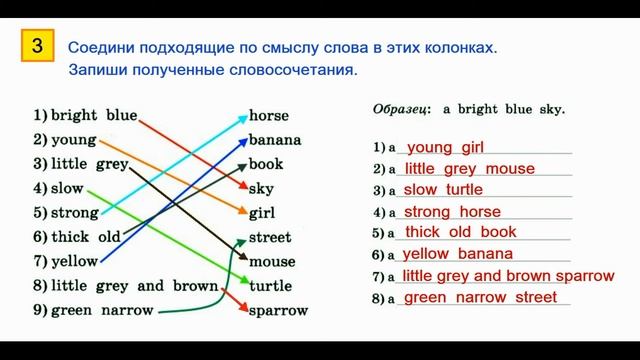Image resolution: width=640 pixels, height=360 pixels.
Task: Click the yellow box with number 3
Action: (36, 46)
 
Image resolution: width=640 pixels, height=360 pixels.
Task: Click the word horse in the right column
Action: (268, 115)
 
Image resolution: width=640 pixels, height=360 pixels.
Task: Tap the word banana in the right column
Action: (274, 139)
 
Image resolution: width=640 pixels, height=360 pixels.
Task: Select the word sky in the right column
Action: (261, 188)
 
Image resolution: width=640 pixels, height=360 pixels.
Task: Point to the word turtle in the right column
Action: (270, 286)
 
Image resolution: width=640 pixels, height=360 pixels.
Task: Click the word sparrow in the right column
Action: (278, 310)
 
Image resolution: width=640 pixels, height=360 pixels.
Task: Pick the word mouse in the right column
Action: (271, 262)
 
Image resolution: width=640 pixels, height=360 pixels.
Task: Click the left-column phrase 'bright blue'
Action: (94, 115)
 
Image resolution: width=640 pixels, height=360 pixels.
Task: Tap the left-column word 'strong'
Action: (75, 212)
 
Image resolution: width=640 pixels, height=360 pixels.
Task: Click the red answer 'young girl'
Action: (446, 147)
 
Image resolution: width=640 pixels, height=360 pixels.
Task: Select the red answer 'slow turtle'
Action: (443, 190)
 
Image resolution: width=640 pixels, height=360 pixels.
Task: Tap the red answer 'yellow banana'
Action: (457, 254)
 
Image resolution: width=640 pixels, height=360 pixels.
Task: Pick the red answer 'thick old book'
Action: (460, 232)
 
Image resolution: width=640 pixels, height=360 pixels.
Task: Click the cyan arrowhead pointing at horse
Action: (242, 118)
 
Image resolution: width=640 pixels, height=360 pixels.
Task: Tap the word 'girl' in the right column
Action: (262, 213)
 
